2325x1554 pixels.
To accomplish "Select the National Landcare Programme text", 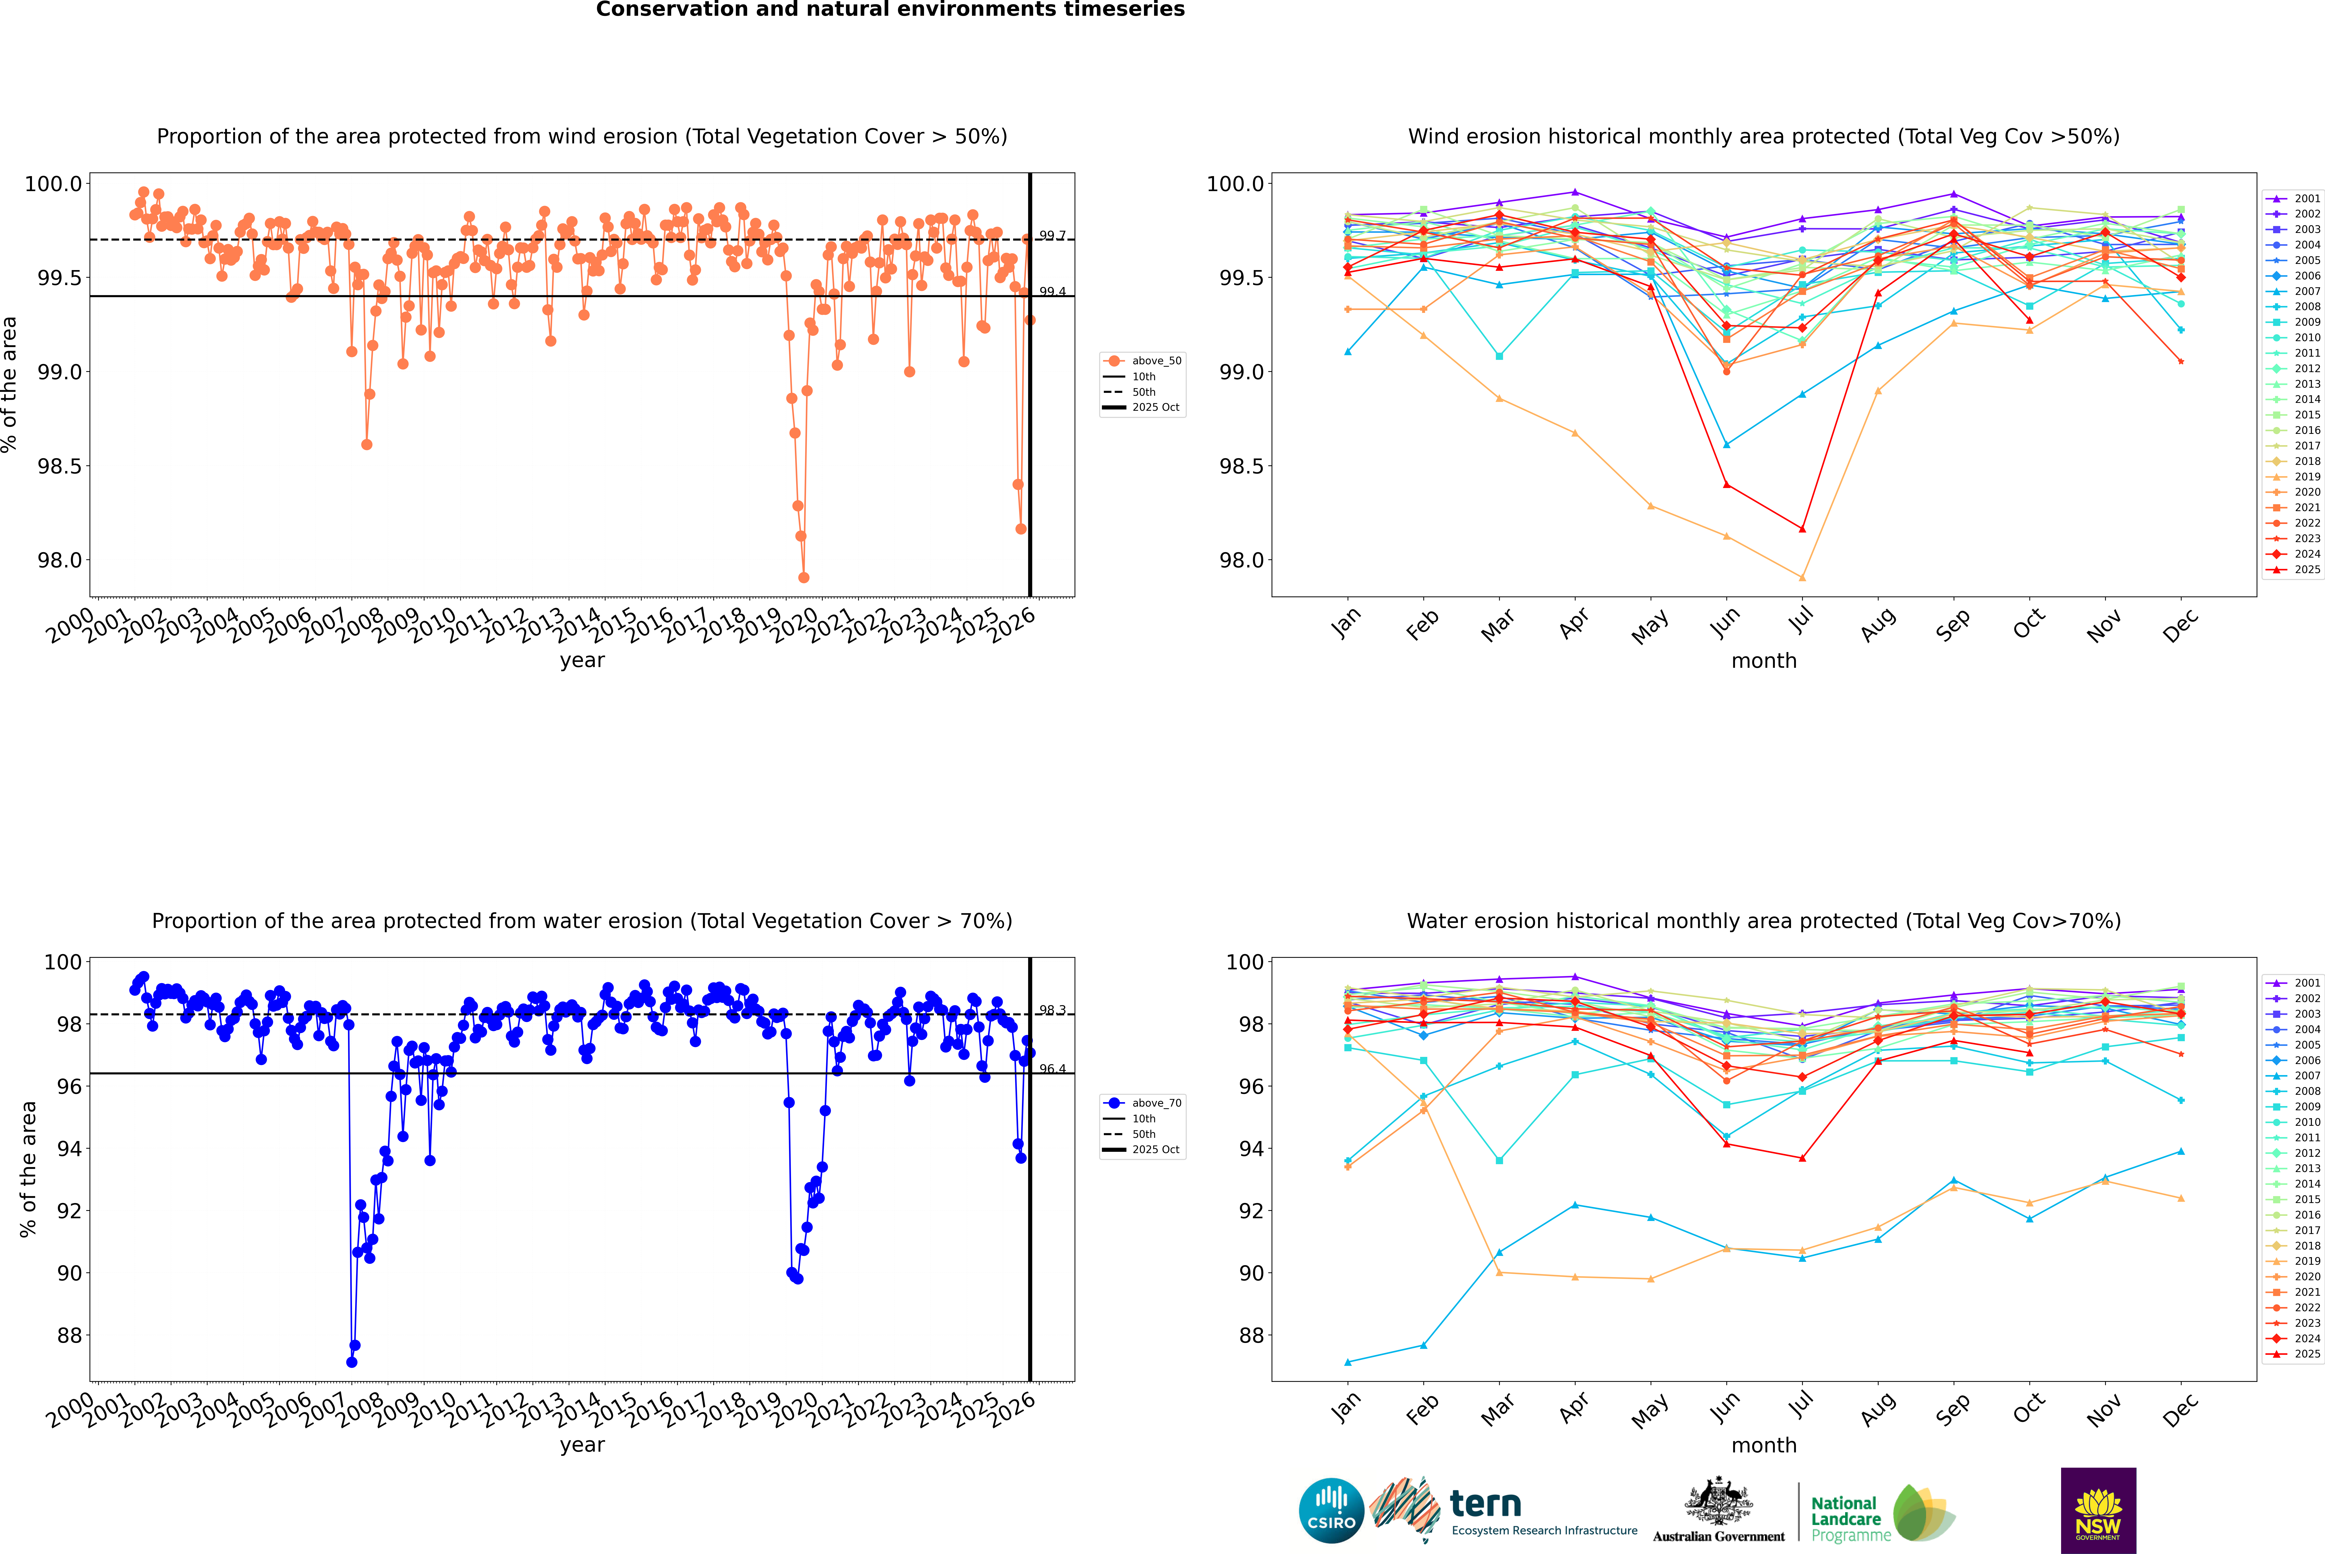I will pyautogui.click(x=1845, y=1519).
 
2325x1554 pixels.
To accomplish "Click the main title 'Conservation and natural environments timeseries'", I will pyautogui.click(x=890, y=10).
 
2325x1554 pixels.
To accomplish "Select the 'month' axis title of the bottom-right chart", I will pyautogui.click(x=1763, y=1445).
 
